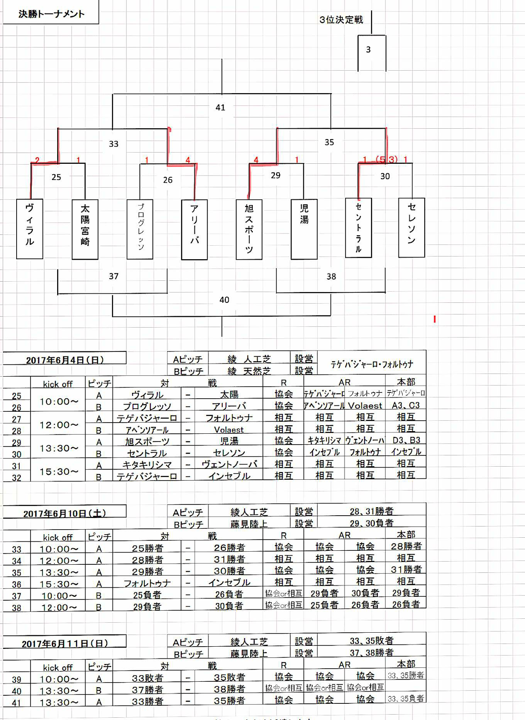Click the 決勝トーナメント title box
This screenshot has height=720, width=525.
51,14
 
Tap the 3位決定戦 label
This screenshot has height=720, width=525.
341,20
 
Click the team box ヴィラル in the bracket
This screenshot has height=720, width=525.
30,229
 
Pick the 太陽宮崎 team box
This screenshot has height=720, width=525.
85,229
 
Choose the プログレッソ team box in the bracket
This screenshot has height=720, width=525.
140,229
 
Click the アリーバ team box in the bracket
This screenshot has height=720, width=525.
194,229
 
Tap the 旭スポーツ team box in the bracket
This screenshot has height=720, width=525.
249,229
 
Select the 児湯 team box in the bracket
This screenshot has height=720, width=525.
304,229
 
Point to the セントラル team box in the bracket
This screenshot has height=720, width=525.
359,228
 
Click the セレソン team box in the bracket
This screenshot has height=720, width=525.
412,227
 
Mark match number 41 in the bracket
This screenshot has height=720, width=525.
220,108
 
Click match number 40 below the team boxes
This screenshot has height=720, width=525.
224,300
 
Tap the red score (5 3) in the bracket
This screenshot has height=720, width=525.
386,160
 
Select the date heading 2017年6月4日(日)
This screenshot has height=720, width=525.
65,360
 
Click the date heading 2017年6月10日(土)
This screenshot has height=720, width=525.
65,513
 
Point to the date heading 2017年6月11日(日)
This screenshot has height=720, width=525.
65,643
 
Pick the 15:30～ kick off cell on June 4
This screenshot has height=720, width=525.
58,472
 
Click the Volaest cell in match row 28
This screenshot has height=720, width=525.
229,430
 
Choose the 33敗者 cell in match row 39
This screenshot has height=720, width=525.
148,678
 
